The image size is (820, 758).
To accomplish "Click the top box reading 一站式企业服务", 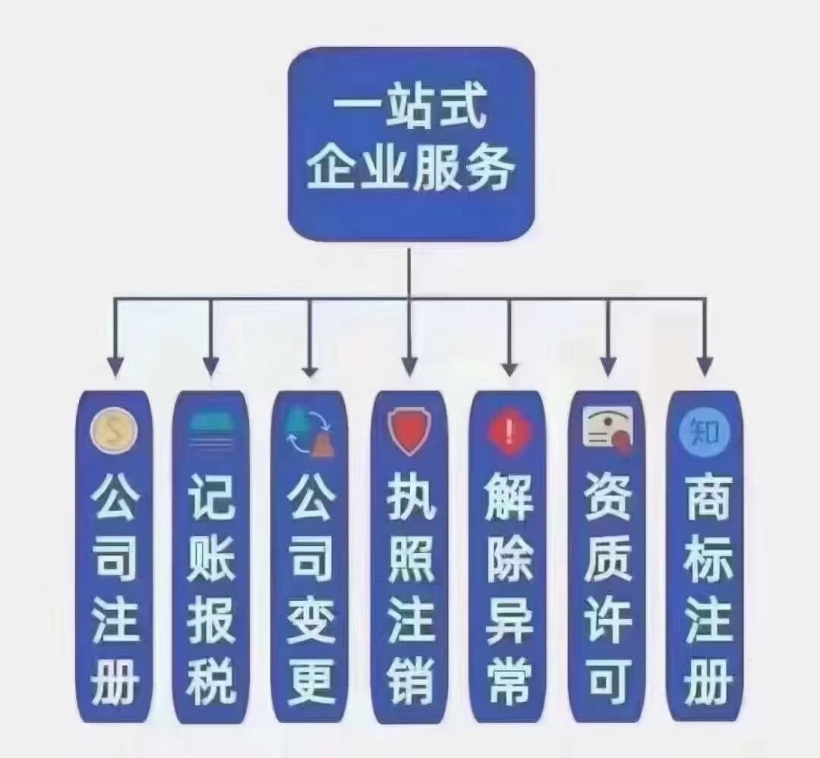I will click(411, 144).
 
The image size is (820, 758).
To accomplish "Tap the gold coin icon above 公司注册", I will click(114, 431).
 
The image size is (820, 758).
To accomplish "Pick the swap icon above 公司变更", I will click(309, 431).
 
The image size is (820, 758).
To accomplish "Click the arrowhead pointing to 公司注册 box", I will click(115, 367).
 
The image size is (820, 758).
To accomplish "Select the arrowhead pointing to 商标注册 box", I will click(705, 367).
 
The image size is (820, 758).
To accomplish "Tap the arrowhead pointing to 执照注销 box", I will click(409, 367).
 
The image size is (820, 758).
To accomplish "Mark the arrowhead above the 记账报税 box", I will click(212, 367).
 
